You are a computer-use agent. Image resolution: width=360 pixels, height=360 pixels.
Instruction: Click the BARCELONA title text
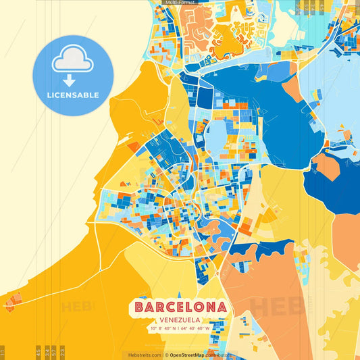click(x=180, y=307)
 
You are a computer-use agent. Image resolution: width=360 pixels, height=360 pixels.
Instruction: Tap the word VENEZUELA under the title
click(x=180, y=319)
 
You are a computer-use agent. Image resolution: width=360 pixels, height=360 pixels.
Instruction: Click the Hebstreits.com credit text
click(x=142, y=355)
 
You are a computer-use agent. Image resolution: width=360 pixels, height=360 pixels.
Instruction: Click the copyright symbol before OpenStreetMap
click(x=167, y=355)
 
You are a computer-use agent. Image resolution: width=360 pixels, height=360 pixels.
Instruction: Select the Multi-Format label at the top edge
click(x=179, y=3)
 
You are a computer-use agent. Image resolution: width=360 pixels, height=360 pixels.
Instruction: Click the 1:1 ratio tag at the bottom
click(x=3, y=352)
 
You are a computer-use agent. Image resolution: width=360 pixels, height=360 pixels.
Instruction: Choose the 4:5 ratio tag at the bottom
click(x=38, y=352)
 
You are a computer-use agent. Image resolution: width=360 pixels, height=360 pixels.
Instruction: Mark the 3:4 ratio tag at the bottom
click(x=47, y=352)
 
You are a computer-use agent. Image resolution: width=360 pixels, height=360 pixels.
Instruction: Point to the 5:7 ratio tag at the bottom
click(x=54, y=352)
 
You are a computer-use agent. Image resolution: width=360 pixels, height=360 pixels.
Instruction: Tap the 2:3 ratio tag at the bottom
click(x=63, y=352)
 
